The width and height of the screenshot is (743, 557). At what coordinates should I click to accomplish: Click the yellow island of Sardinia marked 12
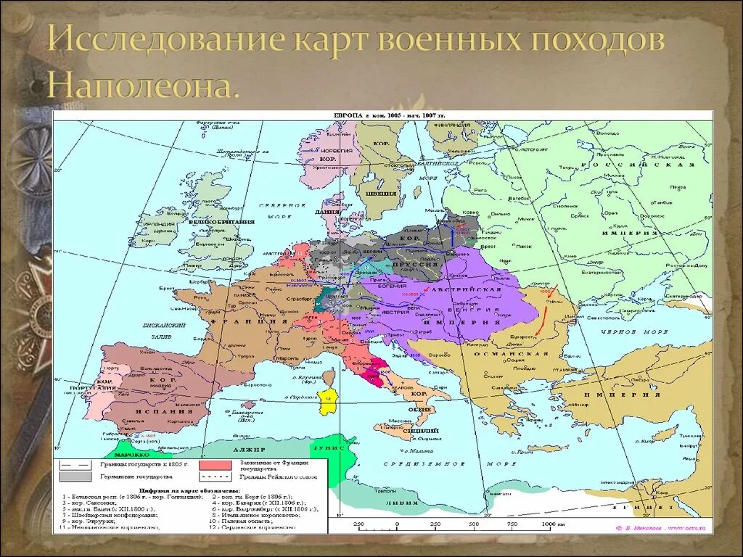tap(327, 400)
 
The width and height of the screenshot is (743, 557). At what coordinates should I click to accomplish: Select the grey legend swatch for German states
tap(75, 476)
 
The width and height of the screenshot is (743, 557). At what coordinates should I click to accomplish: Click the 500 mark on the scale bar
tap(474, 524)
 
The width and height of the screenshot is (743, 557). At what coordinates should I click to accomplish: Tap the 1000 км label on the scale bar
tap(551, 524)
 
